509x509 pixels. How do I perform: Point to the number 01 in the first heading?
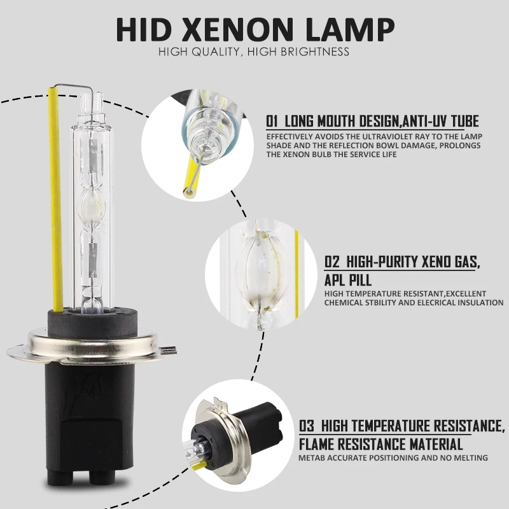pos(273,121)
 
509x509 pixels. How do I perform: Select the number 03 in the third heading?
pos(307,426)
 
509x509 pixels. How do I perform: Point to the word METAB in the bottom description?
pos(313,458)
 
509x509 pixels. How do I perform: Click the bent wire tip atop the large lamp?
pos(70,85)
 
